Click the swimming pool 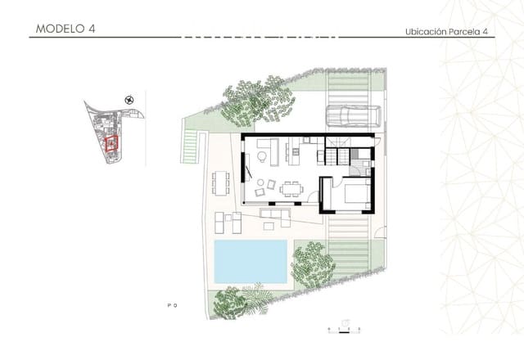point(251,261)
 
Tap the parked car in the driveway point(353,117)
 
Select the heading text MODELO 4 point(65,29)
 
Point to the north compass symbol point(129,100)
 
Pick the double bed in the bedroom point(354,195)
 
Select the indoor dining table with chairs point(291,189)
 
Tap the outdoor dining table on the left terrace point(219,181)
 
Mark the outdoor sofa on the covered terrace point(274,216)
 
